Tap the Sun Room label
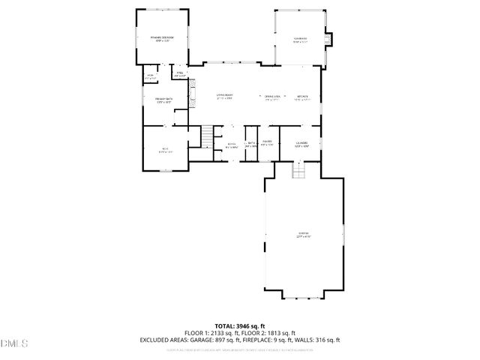point(300,39)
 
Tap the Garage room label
point(302,235)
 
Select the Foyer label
point(232,145)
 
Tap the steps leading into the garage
point(299,171)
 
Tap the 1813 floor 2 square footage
point(275,333)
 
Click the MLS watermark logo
point(13,343)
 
